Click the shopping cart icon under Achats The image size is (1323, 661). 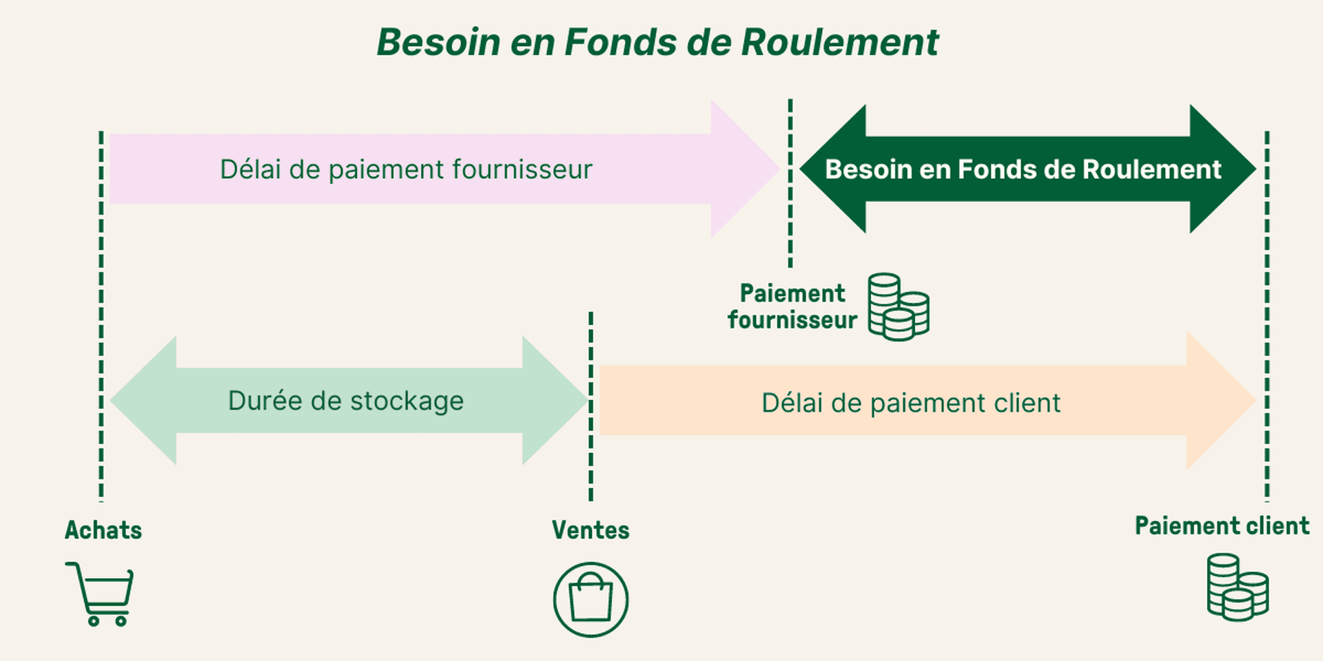tap(101, 593)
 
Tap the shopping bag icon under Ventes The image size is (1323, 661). tap(591, 600)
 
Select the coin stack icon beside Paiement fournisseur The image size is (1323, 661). tap(898, 307)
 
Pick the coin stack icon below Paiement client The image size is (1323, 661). tap(1238, 587)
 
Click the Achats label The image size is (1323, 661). tap(103, 530)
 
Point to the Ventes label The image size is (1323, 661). tap(591, 530)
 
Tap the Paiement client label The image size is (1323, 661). tap(1222, 526)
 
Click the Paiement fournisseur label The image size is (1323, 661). tap(792, 306)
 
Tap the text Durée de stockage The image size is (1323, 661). tap(346, 401)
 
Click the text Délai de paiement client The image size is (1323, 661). tap(911, 403)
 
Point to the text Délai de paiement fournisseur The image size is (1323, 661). tap(406, 169)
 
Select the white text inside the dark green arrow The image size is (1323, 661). tap(1023, 169)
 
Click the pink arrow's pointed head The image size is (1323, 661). tap(744, 169)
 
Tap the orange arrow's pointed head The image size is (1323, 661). tap(1220, 401)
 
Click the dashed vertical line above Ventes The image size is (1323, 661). tap(591, 406)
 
